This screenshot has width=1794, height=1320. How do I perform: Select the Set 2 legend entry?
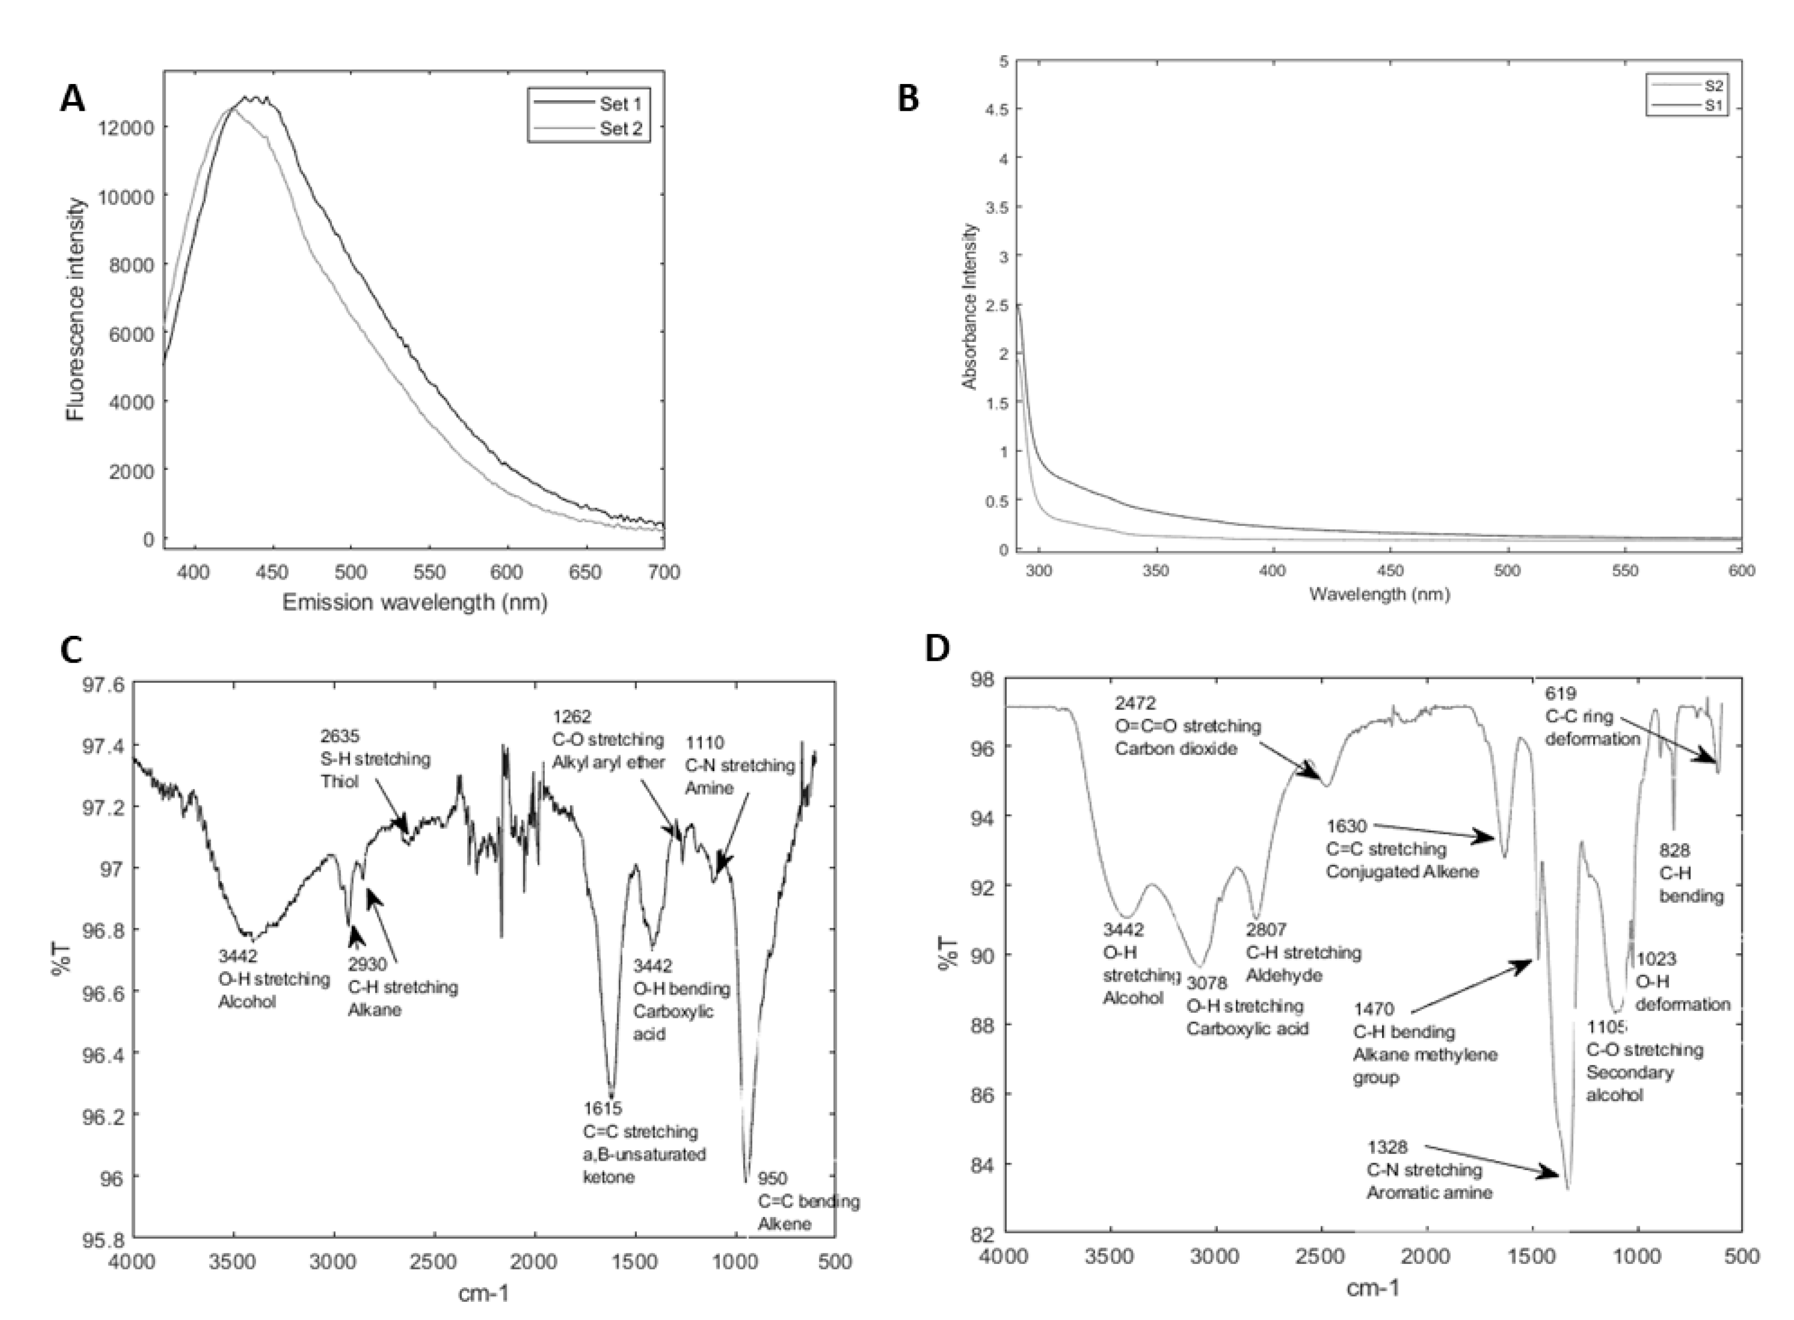click(620, 128)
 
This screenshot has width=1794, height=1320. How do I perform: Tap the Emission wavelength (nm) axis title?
click(414, 602)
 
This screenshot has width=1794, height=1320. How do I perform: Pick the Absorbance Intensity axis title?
click(970, 306)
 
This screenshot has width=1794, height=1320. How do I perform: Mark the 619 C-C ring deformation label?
click(1591, 716)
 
